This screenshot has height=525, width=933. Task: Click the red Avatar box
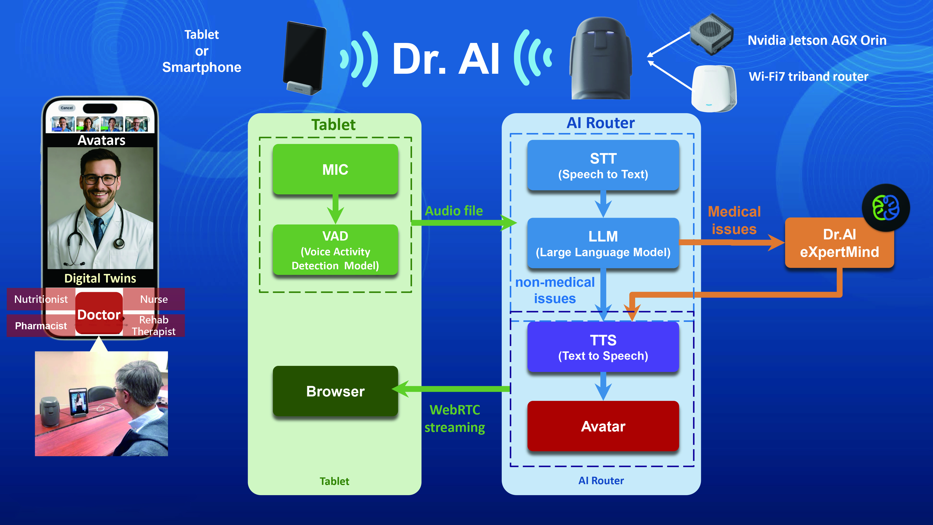click(x=603, y=426)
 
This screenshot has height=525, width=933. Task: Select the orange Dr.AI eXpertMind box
click(x=839, y=243)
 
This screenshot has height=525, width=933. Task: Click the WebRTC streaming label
click(x=455, y=418)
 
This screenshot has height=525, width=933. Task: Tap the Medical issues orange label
click(x=734, y=220)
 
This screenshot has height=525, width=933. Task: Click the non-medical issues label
click(x=555, y=290)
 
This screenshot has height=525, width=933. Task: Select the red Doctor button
click(x=99, y=314)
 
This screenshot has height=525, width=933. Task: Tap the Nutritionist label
click(x=41, y=299)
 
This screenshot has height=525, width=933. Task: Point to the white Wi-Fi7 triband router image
click(x=714, y=89)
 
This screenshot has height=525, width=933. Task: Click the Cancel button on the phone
click(x=67, y=108)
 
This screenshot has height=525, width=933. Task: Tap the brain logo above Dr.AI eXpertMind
click(x=886, y=208)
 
